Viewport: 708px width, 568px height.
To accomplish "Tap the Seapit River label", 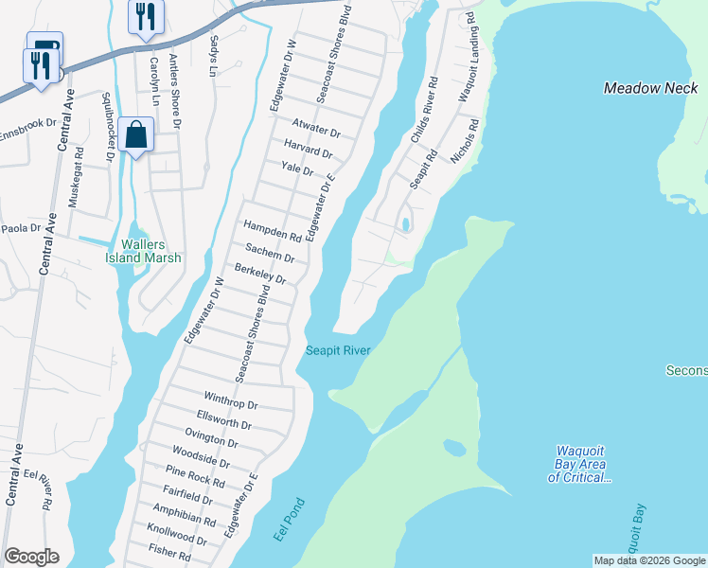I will (337, 350).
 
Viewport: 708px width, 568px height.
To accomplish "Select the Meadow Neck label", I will (651, 88).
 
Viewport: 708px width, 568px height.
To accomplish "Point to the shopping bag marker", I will (137, 135).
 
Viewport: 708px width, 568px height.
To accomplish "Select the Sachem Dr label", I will (270, 253).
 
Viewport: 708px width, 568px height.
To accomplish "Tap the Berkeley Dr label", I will (259, 274).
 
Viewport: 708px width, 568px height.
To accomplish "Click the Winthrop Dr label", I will (230, 403).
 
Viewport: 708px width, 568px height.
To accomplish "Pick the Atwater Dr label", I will (315, 129).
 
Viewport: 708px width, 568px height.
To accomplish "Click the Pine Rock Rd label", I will (195, 476).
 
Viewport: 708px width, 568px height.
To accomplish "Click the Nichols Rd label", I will (465, 141).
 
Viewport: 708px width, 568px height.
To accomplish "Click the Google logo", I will (31, 557).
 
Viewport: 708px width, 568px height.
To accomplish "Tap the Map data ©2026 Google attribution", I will (649, 560).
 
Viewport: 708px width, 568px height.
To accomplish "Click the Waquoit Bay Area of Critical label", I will (580, 470).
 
